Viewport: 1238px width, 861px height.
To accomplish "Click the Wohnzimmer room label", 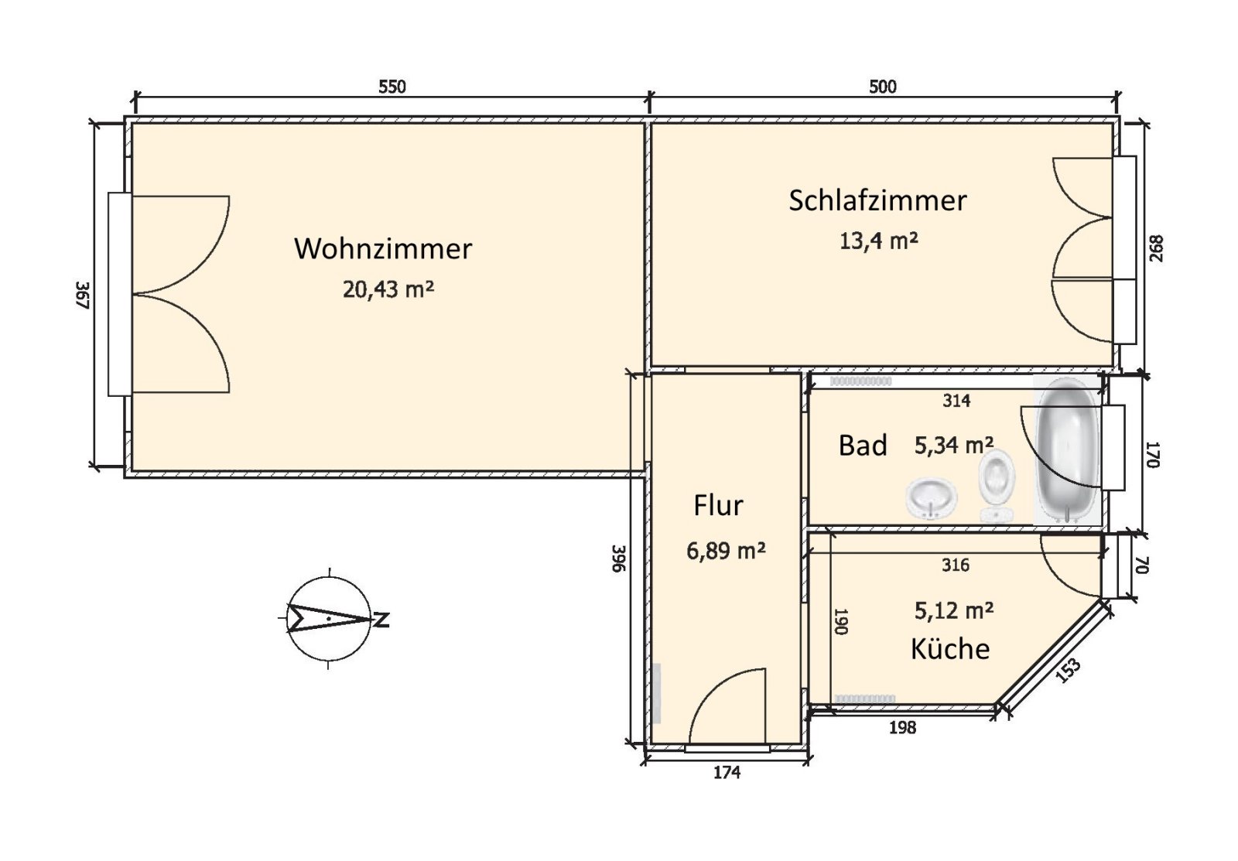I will click(383, 249).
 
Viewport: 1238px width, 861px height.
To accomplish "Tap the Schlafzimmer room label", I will click(877, 200).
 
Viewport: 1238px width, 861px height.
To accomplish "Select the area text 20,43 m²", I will click(388, 289).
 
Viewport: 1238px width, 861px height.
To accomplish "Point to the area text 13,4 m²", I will click(878, 241).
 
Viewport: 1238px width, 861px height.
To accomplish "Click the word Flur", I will click(718, 506).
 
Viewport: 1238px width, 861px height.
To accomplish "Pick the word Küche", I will click(950, 648).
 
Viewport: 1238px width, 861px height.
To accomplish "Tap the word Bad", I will click(863, 446).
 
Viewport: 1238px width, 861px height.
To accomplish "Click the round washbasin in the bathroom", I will click(932, 498).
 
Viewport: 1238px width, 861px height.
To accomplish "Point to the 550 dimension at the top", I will click(392, 87).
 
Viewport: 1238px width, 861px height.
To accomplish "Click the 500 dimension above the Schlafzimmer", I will click(883, 87).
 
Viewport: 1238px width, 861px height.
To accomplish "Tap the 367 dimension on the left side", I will click(84, 296).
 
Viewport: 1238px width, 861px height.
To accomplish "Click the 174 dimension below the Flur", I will click(727, 772).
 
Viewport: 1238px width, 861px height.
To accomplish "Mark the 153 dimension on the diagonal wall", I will click(1068, 671).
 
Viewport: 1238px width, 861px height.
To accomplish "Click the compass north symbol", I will click(331, 618).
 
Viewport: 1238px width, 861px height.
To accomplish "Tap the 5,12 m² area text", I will click(954, 611).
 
